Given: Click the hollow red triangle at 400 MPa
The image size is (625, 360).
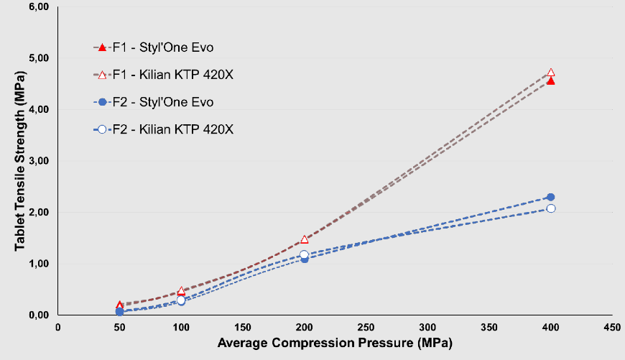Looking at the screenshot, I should [551, 73].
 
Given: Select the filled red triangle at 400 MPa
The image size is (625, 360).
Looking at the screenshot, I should [551, 81].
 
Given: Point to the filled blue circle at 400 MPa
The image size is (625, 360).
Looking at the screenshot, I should [551, 197].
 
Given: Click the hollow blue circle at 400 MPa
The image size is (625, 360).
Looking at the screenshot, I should [551, 208].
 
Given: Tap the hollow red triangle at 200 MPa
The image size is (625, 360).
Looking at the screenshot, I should [305, 239].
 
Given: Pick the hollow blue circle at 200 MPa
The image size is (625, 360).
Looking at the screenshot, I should [305, 254].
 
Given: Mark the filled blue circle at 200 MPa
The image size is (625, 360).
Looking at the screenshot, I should [305, 259].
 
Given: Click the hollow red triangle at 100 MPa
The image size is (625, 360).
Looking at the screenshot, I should [181, 290].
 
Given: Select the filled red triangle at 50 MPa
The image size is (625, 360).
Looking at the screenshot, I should [119, 305].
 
